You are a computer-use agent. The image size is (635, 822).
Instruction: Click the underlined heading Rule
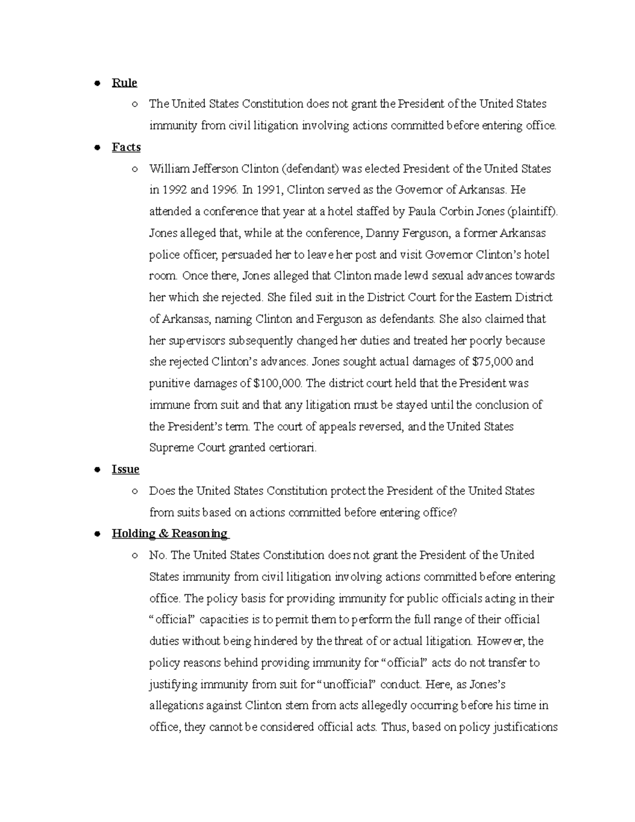124,83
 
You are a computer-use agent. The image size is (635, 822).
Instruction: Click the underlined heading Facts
126,147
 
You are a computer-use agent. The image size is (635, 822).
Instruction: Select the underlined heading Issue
125,469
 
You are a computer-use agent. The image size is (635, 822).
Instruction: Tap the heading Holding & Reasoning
170,534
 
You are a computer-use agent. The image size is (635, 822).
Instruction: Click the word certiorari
294,448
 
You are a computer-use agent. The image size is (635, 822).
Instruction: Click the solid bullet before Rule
97,83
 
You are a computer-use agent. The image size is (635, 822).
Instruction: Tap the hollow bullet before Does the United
135,491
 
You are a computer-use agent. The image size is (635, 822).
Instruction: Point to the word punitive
168,383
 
